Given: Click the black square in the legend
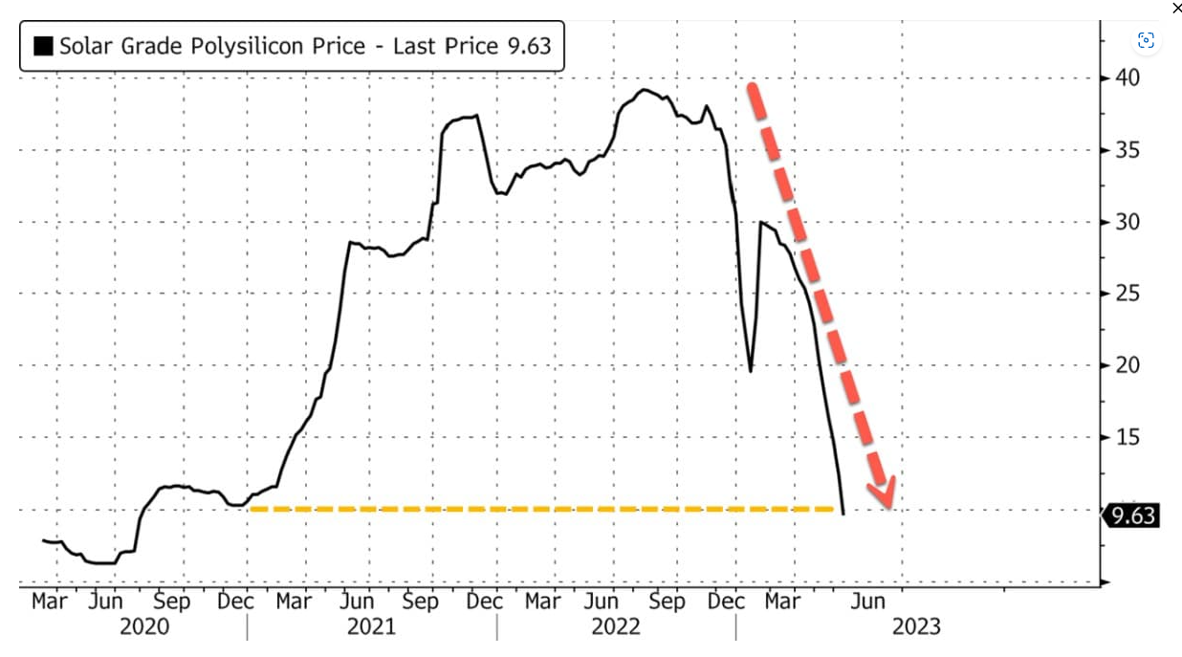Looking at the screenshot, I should coord(44,46).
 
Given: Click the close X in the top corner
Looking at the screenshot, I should coord(1177,8).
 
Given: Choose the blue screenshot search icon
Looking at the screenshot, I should coord(1146,40).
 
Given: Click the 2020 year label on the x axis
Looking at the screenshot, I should coord(144,626).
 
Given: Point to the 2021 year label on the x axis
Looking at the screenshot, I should coord(371,626).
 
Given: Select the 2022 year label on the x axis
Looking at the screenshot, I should coord(617,626).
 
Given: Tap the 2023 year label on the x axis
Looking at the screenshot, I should coord(915,626).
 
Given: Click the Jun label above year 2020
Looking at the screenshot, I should coord(105,602).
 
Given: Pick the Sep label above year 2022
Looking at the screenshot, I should coord(667,602).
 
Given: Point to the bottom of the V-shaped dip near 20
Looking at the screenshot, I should coord(751,371).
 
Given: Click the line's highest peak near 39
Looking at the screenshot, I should coord(644,90).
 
